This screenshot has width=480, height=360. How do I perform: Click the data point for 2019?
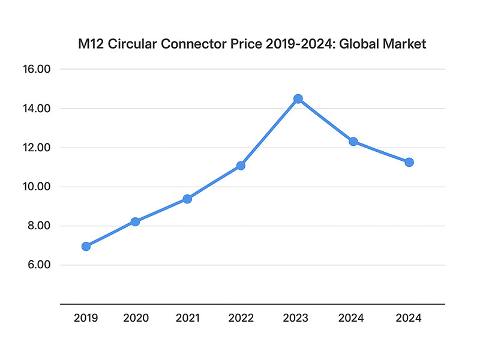click(x=86, y=246)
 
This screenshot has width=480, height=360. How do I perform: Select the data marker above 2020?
click(x=135, y=221)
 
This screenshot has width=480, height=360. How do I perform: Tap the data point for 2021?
click(x=187, y=199)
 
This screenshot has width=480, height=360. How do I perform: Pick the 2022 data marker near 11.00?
click(x=241, y=166)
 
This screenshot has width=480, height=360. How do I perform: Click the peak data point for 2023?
click(x=298, y=98)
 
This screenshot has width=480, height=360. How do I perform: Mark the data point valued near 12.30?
click(x=353, y=142)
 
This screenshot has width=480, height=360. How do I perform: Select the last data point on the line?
click(x=409, y=162)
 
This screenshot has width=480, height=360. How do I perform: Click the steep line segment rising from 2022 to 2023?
click(x=269, y=132)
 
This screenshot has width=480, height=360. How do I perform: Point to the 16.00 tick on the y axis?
click(x=39, y=70)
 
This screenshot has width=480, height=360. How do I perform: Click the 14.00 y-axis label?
click(x=39, y=109)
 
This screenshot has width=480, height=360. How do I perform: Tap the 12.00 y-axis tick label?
click(x=39, y=148)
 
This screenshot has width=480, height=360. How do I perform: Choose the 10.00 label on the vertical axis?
click(x=39, y=187)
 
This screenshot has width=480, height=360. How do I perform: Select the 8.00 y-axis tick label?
click(x=40, y=226)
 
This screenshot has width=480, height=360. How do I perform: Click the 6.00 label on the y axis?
click(x=40, y=265)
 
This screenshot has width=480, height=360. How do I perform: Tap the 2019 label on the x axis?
click(x=86, y=319)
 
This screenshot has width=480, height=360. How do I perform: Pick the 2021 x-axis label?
click(x=187, y=319)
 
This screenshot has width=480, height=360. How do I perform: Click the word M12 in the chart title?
click(x=92, y=44)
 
